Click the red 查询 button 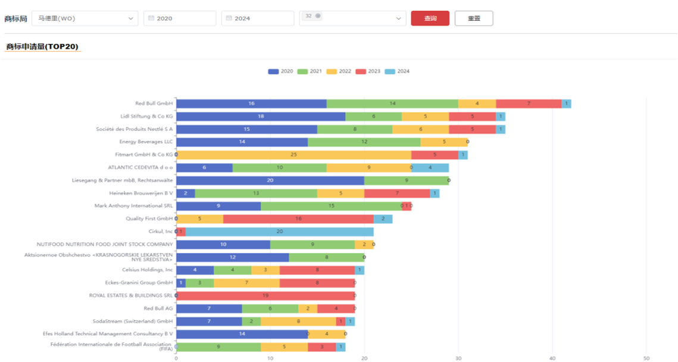pyautogui.click(x=430, y=18)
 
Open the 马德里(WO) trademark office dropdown pyautogui.click(x=85, y=18)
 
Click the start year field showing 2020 pyautogui.click(x=179, y=18)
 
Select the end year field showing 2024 pyautogui.click(x=257, y=18)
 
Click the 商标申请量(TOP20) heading pyautogui.click(x=42, y=46)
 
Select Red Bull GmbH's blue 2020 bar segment pyautogui.click(x=251, y=104)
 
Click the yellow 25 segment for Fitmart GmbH pyautogui.click(x=293, y=155)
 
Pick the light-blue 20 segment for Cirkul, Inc pyautogui.click(x=280, y=232)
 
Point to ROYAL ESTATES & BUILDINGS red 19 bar pyautogui.click(x=265, y=295)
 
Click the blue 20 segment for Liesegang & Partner pyautogui.click(x=270, y=180)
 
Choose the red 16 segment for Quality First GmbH pyautogui.click(x=298, y=219)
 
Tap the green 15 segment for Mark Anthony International pyautogui.click(x=331, y=206)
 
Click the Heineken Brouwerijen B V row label pyautogui.click(x=140, y=193)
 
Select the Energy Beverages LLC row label pyautogui.click(x=146, y=142)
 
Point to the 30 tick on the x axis pyautogui.click(x=458, y=358)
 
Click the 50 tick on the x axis pyautogui.click(x=646, y=358)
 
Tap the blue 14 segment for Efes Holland pyautogui.click(x=242, y=334)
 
